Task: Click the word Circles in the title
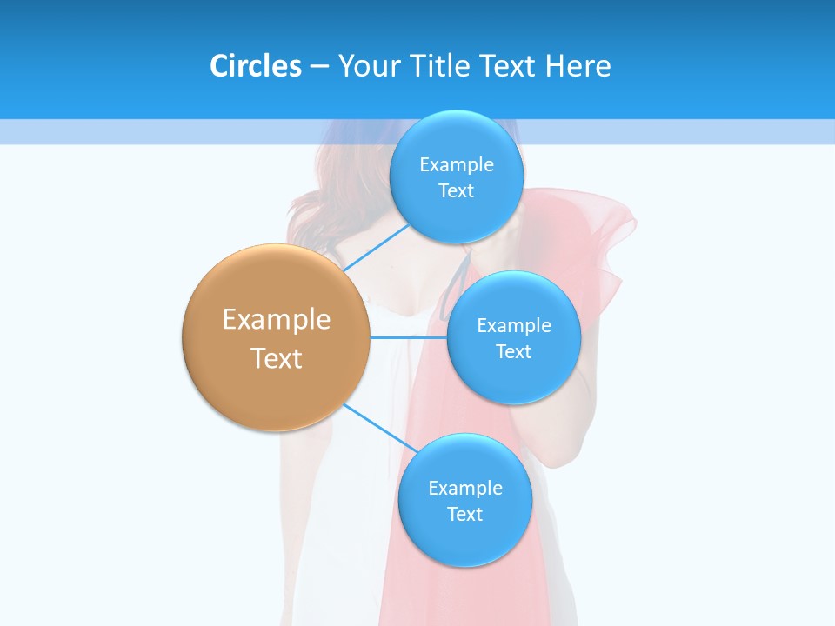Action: [x=255, y=66]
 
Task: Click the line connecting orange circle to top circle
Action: [x=376, y=248]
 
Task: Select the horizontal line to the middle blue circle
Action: [x=407, y=336]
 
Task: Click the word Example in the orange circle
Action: [x=277, y=320]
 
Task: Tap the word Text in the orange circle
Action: [x=277, y=358]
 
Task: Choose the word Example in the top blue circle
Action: [x=456, y=165]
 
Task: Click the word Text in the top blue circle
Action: [x=456, y=191]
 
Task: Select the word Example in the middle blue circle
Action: [x=513, y=326]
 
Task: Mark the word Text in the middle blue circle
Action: [x=513, y=352]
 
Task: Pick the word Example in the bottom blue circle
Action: [x=464, y=489]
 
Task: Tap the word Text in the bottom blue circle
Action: [x=464, y=515]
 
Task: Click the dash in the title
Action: [x=318, y=67]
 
